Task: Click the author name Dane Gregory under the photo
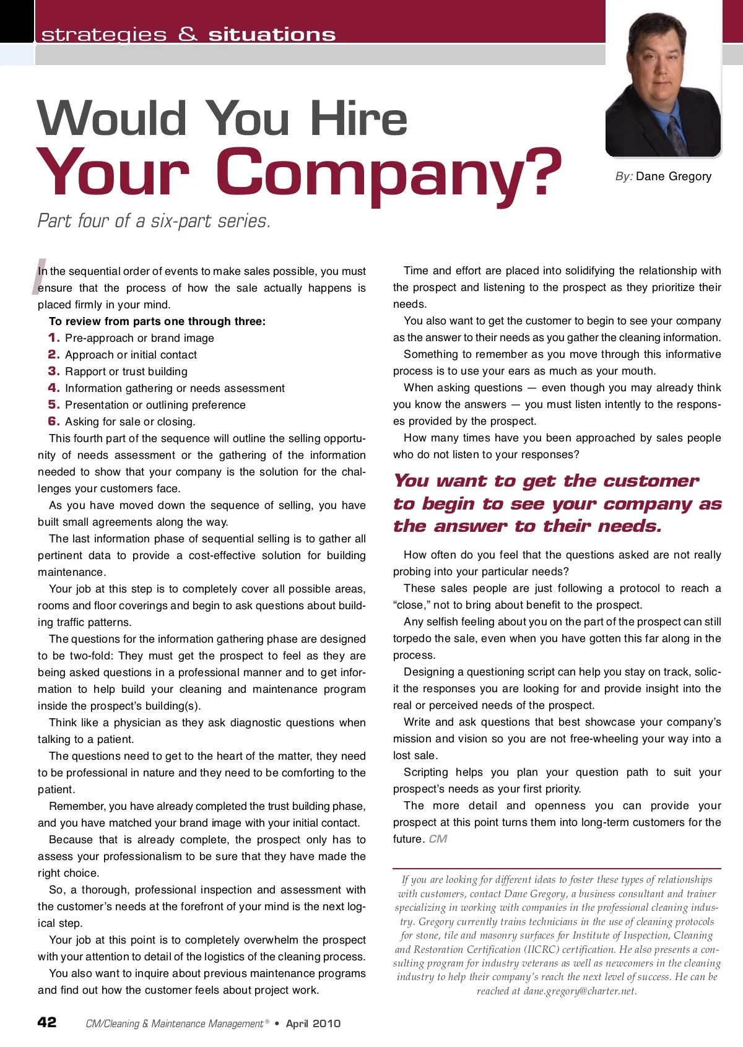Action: (674, 176)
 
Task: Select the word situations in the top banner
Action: (272, 35)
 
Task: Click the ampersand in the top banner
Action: (188, 34)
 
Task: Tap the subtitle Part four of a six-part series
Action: (154, 221)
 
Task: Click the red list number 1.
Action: (54, 337)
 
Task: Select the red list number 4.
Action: (54, 388)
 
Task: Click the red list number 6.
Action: (54, 421)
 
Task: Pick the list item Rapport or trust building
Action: (126, 371)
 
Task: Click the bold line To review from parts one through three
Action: (157, 321)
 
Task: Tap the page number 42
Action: (47, 1022)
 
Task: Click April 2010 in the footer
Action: (313, 1023)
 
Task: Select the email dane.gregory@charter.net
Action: (580, 991)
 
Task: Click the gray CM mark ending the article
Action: (438, 839)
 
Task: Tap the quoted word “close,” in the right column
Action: (412, 605)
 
